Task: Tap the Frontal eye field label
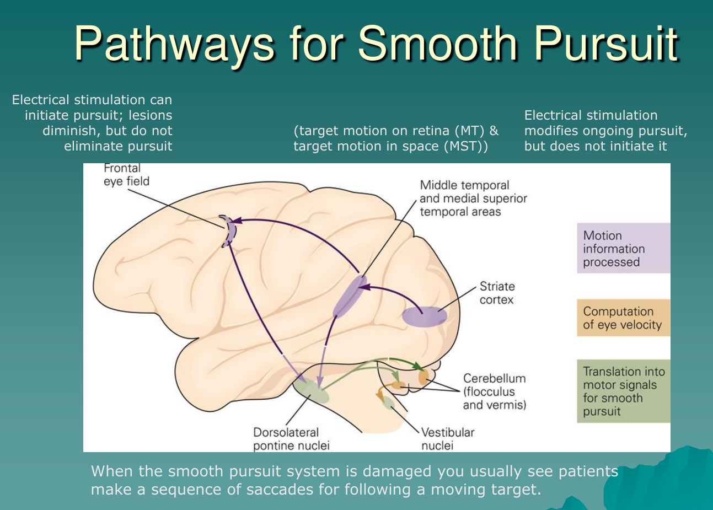(126, 175)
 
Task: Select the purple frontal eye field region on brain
(228, 230)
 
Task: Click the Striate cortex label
(497, 293)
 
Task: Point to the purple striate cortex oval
(424, 316)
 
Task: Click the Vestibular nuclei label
(447, 439)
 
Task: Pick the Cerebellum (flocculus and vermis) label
(494, 391)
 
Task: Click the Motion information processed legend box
(623, 249)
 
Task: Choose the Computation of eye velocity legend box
(623, 318)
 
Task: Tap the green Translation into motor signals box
(623, 391)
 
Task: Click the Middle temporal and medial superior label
(473, 198)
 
